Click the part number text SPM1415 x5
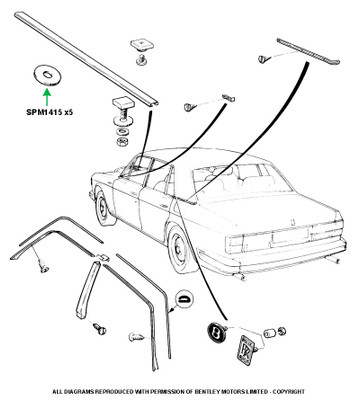pos(50,112)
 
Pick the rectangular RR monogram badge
pos(246,349)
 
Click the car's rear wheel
pos(178,246)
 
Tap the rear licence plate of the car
pos(290,236)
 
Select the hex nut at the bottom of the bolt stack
pos(123,141)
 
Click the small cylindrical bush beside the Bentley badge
pos(269,333)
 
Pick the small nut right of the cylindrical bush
pos(282,331)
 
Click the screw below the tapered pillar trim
pos(99,328)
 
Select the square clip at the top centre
pos(139,45)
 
